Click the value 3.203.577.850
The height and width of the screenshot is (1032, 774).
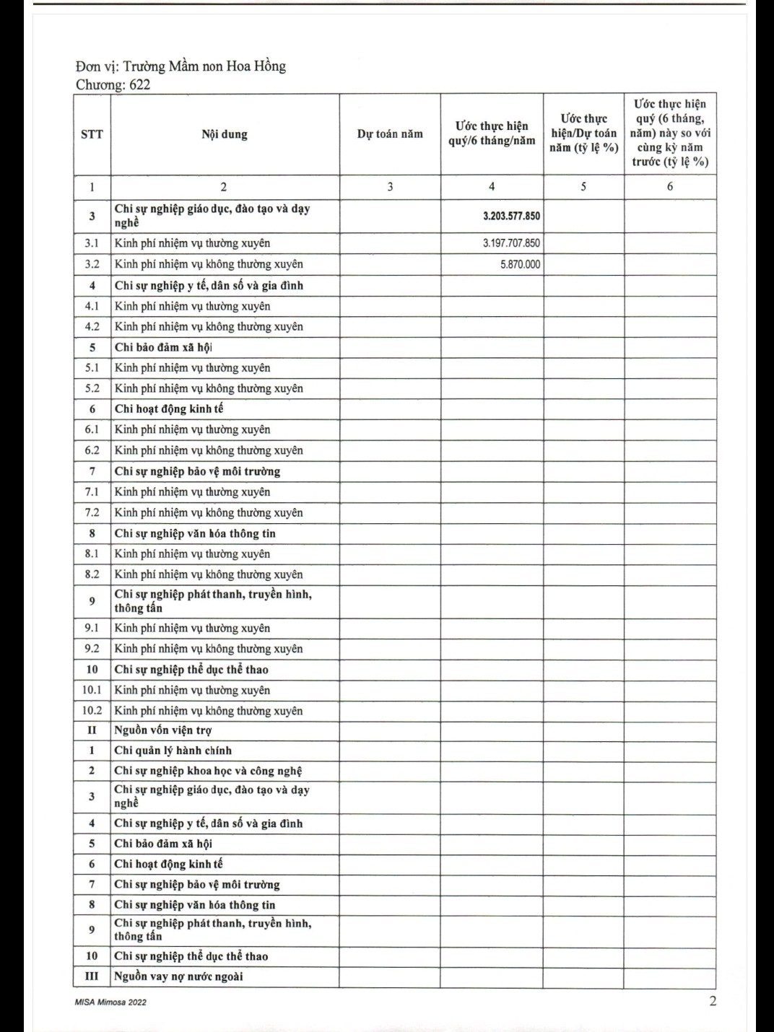click(511, 216)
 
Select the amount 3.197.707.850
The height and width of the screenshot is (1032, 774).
click(511, 243)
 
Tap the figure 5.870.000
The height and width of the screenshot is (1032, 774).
click(520, 264)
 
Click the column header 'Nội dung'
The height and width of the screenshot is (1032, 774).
click(225, 134)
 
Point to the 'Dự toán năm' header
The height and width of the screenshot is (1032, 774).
click(390, 134)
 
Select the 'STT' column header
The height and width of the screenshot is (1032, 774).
click(92, 134)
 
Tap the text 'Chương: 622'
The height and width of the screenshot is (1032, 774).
click(113, 84)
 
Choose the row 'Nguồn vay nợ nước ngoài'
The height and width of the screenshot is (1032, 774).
click(178, 976)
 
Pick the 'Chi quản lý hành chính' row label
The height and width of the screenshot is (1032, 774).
click(173, 751)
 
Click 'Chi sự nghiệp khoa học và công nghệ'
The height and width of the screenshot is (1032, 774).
click(208, 771)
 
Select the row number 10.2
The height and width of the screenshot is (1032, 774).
click(92, 711)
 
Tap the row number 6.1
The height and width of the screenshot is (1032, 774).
click(92, 429)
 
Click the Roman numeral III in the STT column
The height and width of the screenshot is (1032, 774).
click(92, 976)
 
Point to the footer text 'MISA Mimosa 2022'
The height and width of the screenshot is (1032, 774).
click(110, 1002)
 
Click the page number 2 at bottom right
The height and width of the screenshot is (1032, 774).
click(713, 1001)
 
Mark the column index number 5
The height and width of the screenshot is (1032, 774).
click(583, 186)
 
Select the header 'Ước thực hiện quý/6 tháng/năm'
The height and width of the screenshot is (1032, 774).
click(492, 134)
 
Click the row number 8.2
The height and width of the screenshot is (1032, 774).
click(92, 574)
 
